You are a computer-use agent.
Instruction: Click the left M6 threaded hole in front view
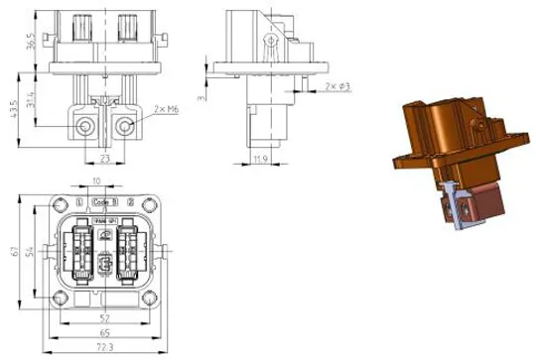coord(85,127)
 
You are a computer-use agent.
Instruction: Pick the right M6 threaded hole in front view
coord(125,127)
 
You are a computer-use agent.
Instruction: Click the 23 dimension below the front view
coord(105,157)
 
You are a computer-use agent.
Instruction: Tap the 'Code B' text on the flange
coord(103,202)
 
